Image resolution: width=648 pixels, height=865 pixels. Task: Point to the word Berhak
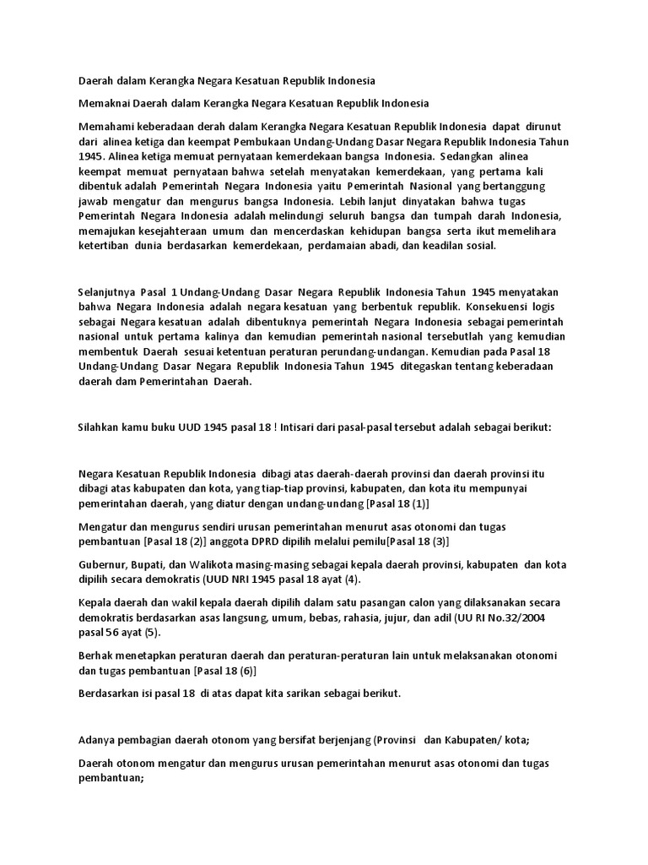click(95, 656)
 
